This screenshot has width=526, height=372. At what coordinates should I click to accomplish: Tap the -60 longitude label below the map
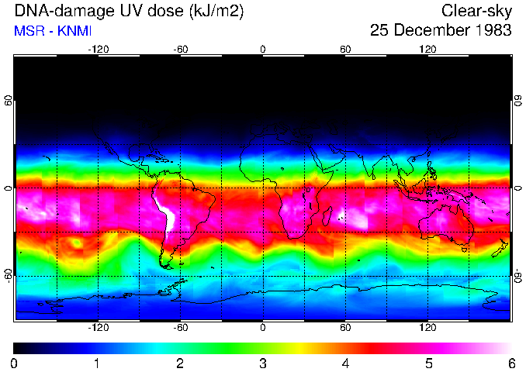(x=181, y=327)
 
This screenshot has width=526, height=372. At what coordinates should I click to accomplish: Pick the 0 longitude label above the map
(x=263, y=49)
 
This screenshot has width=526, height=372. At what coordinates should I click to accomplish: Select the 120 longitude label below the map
(x=427, y=327)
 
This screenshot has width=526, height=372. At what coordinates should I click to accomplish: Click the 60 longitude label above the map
(x=345, y=49)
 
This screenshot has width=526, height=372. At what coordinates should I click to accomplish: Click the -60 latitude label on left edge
(x=9, y=275)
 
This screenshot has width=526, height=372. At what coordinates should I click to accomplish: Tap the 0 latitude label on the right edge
(x=517, y=188)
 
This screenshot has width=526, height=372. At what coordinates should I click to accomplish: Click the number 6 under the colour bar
(x=511, y=363)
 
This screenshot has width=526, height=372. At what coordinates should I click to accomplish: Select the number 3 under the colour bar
(x=263, y=363)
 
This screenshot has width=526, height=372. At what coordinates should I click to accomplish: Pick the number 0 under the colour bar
(x=15, y=363)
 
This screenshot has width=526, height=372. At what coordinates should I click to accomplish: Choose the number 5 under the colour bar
(x=428, y=363)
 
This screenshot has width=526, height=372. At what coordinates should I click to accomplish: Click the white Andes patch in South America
(x=166, y=213)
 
